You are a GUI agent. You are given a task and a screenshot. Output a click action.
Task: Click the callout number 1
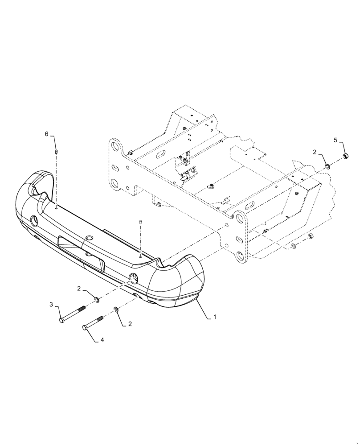click(x=215, y=317)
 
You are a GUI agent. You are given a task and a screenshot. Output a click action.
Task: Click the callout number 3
click(x=51, y=305)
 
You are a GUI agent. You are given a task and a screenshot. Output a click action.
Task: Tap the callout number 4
click(x=102, y=340)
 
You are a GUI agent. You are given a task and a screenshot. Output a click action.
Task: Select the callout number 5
click(x=335, y=140)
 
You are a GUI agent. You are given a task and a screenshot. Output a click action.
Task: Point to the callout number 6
click(x=46, y=134)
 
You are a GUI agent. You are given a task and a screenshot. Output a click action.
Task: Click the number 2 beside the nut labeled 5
click(x=315, y=152)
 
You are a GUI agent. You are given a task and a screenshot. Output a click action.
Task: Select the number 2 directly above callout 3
click(x=79, y=289)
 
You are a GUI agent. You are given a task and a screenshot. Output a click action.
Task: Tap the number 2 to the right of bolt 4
click(x=130, y=324)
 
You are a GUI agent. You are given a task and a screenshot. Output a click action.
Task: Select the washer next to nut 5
click(x=328, y=166)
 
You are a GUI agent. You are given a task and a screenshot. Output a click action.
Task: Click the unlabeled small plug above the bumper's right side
click(x=141, y=221)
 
